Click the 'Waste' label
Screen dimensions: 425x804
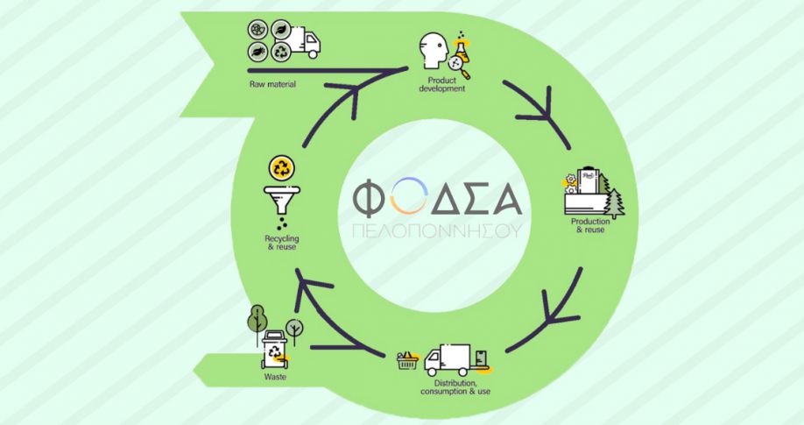274,378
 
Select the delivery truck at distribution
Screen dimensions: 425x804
448,360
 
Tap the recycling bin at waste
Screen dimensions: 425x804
277,349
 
